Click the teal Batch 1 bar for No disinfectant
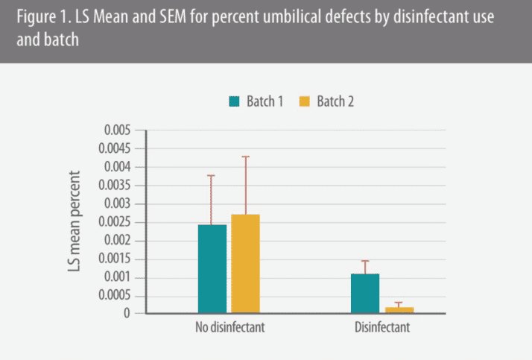[x=212, y=268]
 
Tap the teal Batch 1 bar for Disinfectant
[x=365, y=293]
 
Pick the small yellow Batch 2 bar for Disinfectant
[x=399, y=309]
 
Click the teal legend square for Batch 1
[x=234, y=101]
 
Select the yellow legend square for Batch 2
[x=303, y=101]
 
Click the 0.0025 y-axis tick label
[x=113, y=222]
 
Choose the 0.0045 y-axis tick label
[x=113, y=149]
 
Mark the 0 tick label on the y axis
[x=127, y=314]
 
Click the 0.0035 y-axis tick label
[x=113, y=186]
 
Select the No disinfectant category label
[x=229, y=327]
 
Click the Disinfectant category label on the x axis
[x=381, y=327]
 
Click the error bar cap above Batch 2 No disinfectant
[x=245, y=157]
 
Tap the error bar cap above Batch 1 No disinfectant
[x=212, y=175]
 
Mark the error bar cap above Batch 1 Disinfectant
[x=365, y=261]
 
